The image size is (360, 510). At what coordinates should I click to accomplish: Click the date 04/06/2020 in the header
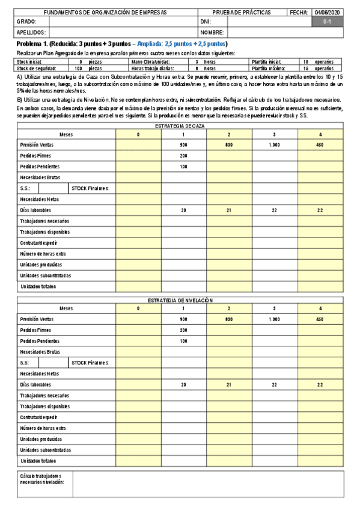pyautogui.click(x=327, y=12)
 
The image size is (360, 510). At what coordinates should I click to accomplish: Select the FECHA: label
pyautogui.click(x=298, y=12)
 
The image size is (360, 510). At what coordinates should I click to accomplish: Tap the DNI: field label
pyautogui.click(x=205, y=22)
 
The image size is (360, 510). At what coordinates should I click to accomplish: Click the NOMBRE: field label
pyautogui.click(x=212, y=32)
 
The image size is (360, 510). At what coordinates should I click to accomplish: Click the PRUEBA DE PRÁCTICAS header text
pyautogui.click(x=242, y=12)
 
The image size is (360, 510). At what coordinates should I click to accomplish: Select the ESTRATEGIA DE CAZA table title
pyautogui.click(x=180, y=126)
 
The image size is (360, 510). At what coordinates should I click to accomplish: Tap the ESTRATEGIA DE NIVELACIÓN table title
pyautogui.click(x=180, y=300)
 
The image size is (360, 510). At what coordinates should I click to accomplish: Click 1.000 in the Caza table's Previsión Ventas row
pyautogui.click(x=274, y=145)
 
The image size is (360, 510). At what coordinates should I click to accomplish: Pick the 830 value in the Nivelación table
pyautogui.click(x=228, y=319)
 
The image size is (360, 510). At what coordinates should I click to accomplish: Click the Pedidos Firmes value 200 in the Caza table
pyautogui.click(x=183, y=156)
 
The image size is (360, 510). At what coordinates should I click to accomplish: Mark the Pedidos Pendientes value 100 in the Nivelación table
pyautogui.click(x=183, y=341)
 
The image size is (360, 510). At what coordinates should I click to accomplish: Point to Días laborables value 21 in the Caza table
pyautogui.click(x=228, y=210)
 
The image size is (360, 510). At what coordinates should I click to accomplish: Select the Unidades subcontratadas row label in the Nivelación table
pyautogui.click(x=45, y=449)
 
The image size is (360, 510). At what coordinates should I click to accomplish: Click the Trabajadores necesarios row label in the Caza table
pyautogui.click(x=44, y=221)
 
